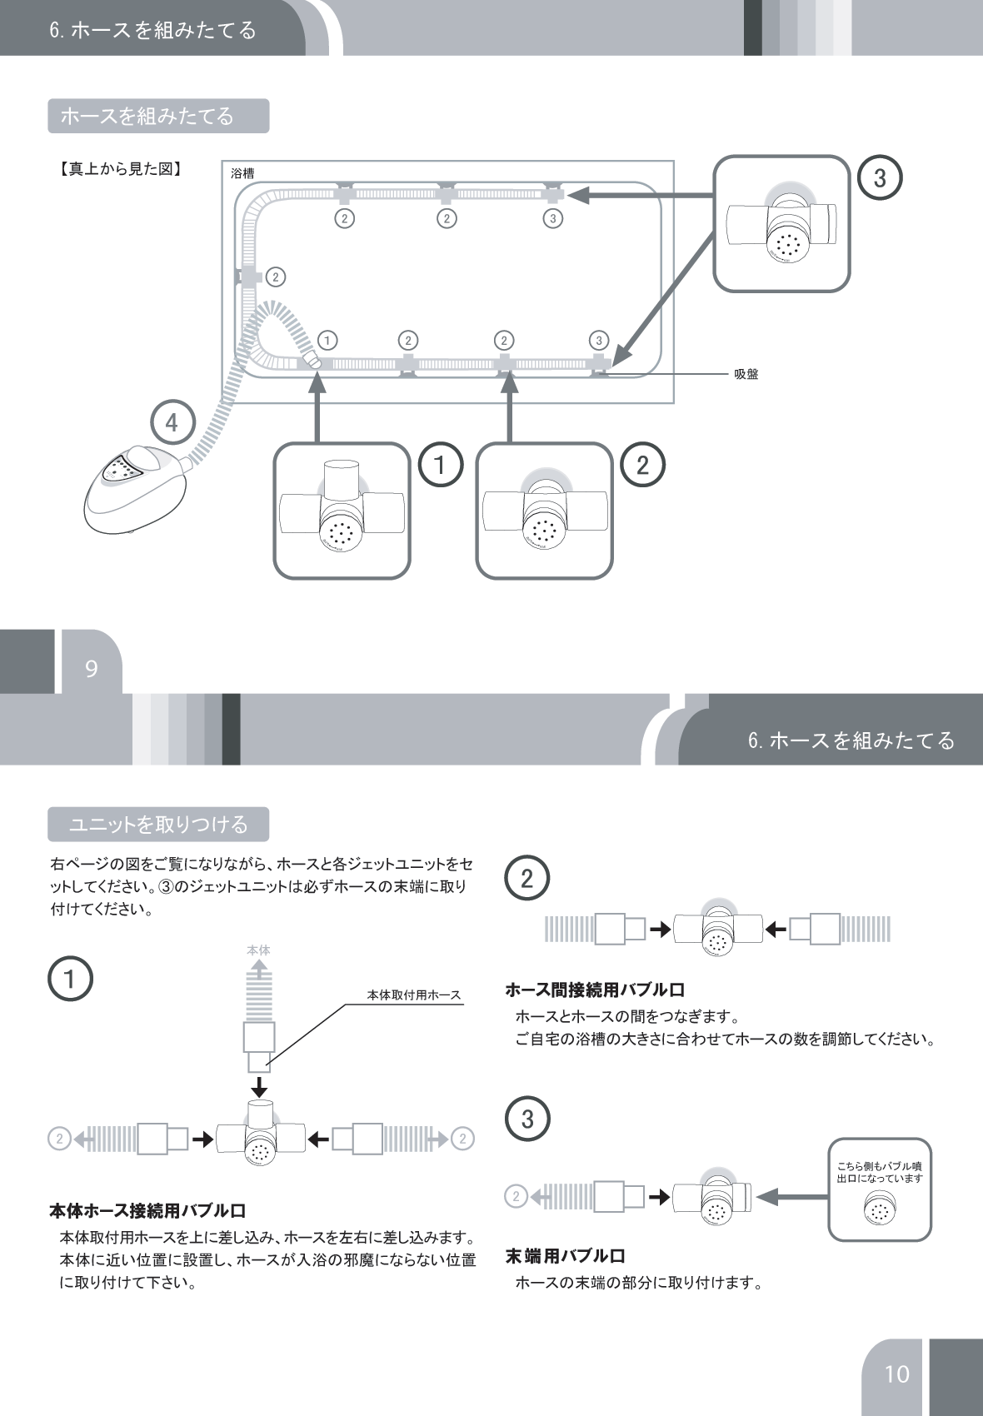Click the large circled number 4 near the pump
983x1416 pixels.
[172, 423]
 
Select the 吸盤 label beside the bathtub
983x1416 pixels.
[746, 375]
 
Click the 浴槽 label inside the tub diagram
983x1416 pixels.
[242, 173]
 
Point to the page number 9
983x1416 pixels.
[92, 669]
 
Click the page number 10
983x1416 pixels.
[896, 1374]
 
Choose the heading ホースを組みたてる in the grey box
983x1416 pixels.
[158, 116]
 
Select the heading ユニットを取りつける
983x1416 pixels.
[158, 825]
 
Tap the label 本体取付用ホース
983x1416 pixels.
[414, 995]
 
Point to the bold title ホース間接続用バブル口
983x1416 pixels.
[595, 990]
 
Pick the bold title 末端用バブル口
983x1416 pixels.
[565, 1256]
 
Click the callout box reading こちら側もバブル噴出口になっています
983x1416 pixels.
[879, 1189]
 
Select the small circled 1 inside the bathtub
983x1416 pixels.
[327, 341]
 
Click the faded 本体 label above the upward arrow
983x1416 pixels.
[259, 950]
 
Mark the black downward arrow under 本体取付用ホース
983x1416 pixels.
[260, 1087]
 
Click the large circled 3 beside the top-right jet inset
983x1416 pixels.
[880, 177]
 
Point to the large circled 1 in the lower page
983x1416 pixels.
[70, 979]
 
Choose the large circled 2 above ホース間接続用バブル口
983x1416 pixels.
[526, 879]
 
